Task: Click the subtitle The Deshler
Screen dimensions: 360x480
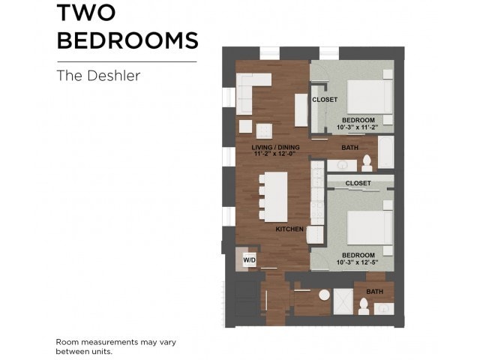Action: pos(98,76)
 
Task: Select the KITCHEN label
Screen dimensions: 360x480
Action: pos(289,229)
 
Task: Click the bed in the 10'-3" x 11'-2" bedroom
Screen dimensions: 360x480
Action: pos(369,95)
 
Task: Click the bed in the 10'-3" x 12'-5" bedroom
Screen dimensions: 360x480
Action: pos(369,227)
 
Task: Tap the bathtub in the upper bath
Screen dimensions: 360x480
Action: pos(385,154)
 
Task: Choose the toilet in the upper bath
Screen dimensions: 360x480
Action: pos(367,163)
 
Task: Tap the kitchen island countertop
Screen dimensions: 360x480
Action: pos(274,196)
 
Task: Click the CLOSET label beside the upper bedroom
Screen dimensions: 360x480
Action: pos(325,100)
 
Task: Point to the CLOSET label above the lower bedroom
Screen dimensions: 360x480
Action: pos(358,183)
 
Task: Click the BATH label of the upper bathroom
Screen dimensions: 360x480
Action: pos(349,148)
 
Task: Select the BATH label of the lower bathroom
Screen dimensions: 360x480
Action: pos(374,292)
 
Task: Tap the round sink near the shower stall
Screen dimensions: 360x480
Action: pos(323,295)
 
